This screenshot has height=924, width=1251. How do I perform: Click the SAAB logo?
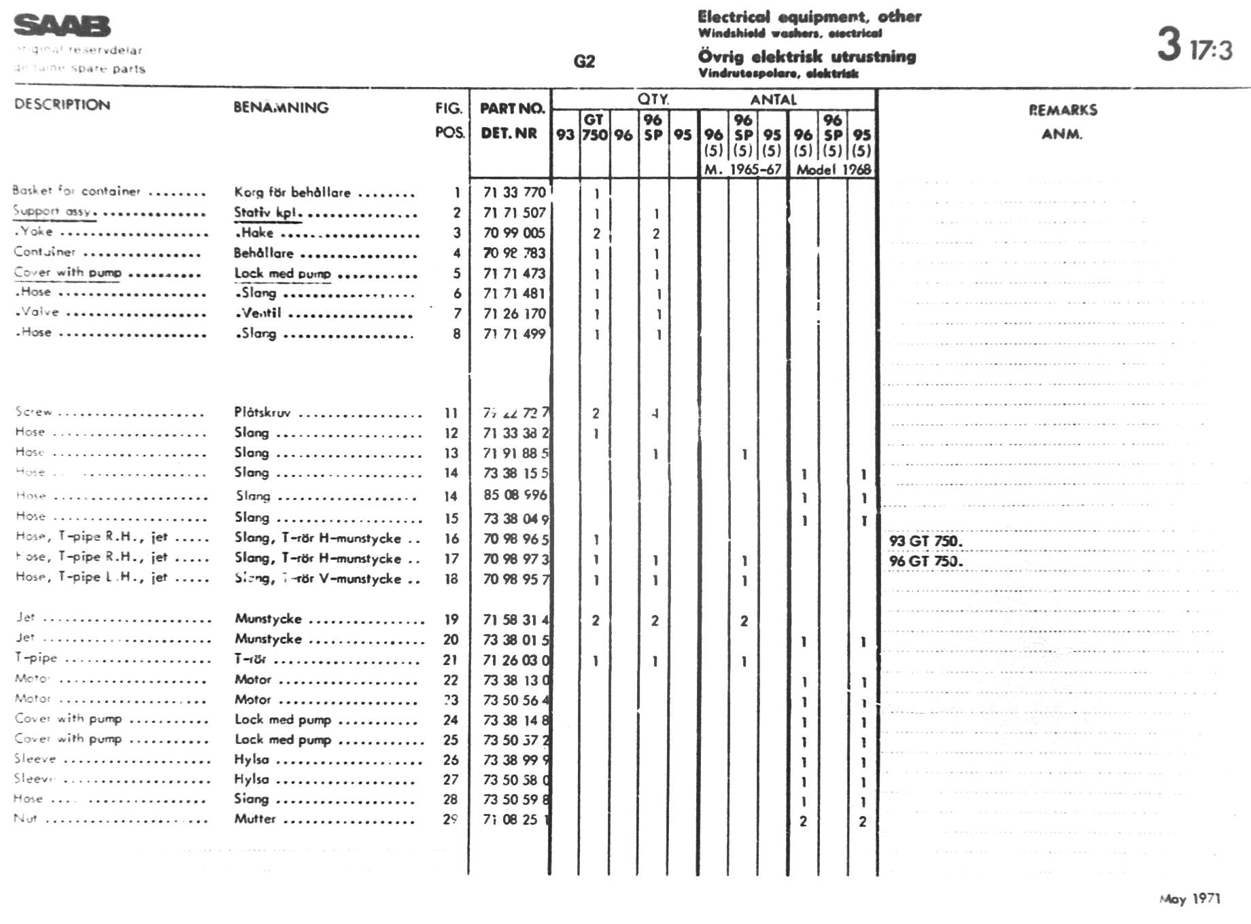tap(62, 26)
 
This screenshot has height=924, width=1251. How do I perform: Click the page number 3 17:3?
tap(1195, 46)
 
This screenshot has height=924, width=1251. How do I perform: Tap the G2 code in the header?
tap(584, 62)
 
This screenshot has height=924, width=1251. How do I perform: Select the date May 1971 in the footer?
tap(1190, 898)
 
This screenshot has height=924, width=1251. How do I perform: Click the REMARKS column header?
tap(1062, 110)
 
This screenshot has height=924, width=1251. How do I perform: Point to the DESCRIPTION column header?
tap(62, 105)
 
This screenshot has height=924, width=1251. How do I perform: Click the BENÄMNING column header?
tap(281, 107)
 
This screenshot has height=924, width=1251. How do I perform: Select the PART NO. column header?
tap(512, 108)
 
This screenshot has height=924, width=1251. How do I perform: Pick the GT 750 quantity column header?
tap(594, 127)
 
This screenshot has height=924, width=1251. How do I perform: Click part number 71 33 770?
tap(514, 192)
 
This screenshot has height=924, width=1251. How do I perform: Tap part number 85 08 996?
tap(515, 495)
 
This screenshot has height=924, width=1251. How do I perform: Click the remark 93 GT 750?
tap(925, 541)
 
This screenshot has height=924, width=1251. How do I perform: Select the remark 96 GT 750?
tap(925, 561)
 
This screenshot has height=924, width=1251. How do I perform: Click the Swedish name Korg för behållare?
tap(292, 192)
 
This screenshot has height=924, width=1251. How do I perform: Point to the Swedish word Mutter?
tap(255, 819)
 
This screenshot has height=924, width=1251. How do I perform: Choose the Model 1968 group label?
tap(833, 169)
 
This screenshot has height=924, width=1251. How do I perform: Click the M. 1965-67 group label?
tap(742, 169)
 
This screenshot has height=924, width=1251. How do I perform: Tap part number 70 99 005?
tap(514, 233)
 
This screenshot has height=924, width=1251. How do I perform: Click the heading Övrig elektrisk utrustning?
tap(806, 56)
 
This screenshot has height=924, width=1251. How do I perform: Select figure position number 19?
tap(451, 619)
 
